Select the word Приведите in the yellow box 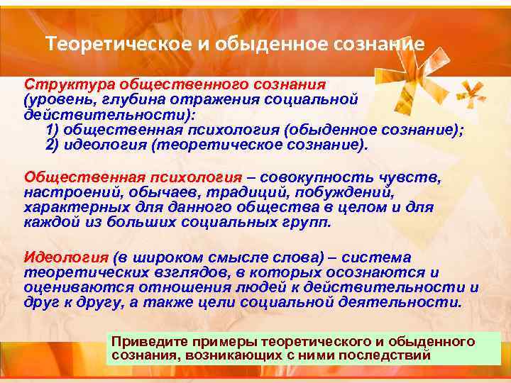pyautogui.click(x=145, y=341)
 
